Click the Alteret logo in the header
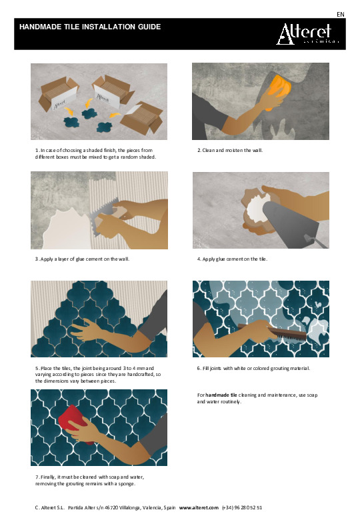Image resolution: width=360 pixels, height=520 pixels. [x=307, y=34]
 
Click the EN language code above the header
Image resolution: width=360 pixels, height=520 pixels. [x=341, y=14]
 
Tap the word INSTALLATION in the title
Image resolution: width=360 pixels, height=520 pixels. [x=109, y=27]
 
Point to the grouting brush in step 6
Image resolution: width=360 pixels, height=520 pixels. [x=273, y=331]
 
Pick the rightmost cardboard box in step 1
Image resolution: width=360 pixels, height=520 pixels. [x=142, y=119]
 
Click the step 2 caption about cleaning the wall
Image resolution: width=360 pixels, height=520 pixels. [x=230, y=150]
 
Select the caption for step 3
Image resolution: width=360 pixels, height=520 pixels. [x=82, y=259]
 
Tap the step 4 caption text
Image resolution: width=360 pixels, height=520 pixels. [x=232, y=259]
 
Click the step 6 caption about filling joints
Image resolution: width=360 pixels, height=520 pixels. [x=253, y=368]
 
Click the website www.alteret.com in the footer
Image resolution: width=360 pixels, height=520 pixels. [x=199, y=507]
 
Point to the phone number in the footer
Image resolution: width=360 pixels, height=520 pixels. [x=242, y=507]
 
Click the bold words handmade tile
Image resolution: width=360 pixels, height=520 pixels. [x=221, y=395]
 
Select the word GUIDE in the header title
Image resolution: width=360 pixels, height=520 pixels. [x=149, y=27]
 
